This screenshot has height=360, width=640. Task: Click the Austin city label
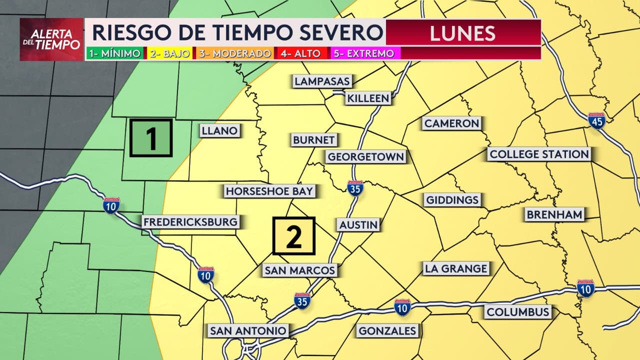point(358,224)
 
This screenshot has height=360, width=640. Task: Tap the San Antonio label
point(248,330)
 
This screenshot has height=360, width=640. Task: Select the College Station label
point(539,154)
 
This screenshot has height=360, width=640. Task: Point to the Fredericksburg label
point(190,222)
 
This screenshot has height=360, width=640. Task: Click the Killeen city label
point(367,98)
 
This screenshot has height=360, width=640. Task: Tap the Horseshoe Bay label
point(269,191)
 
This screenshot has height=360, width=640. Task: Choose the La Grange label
point(455,268)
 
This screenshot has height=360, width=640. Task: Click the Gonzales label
point(387,330)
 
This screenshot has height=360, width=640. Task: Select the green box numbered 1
point(151,137)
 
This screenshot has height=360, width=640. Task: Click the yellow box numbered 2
point(293,236)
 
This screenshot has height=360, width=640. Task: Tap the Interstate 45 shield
point(596,120)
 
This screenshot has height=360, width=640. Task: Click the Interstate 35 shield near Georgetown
point(355,187)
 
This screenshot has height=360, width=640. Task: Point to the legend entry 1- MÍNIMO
point(114,53)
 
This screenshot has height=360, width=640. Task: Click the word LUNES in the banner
point(462,33)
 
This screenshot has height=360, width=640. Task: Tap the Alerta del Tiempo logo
point(51,39)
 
